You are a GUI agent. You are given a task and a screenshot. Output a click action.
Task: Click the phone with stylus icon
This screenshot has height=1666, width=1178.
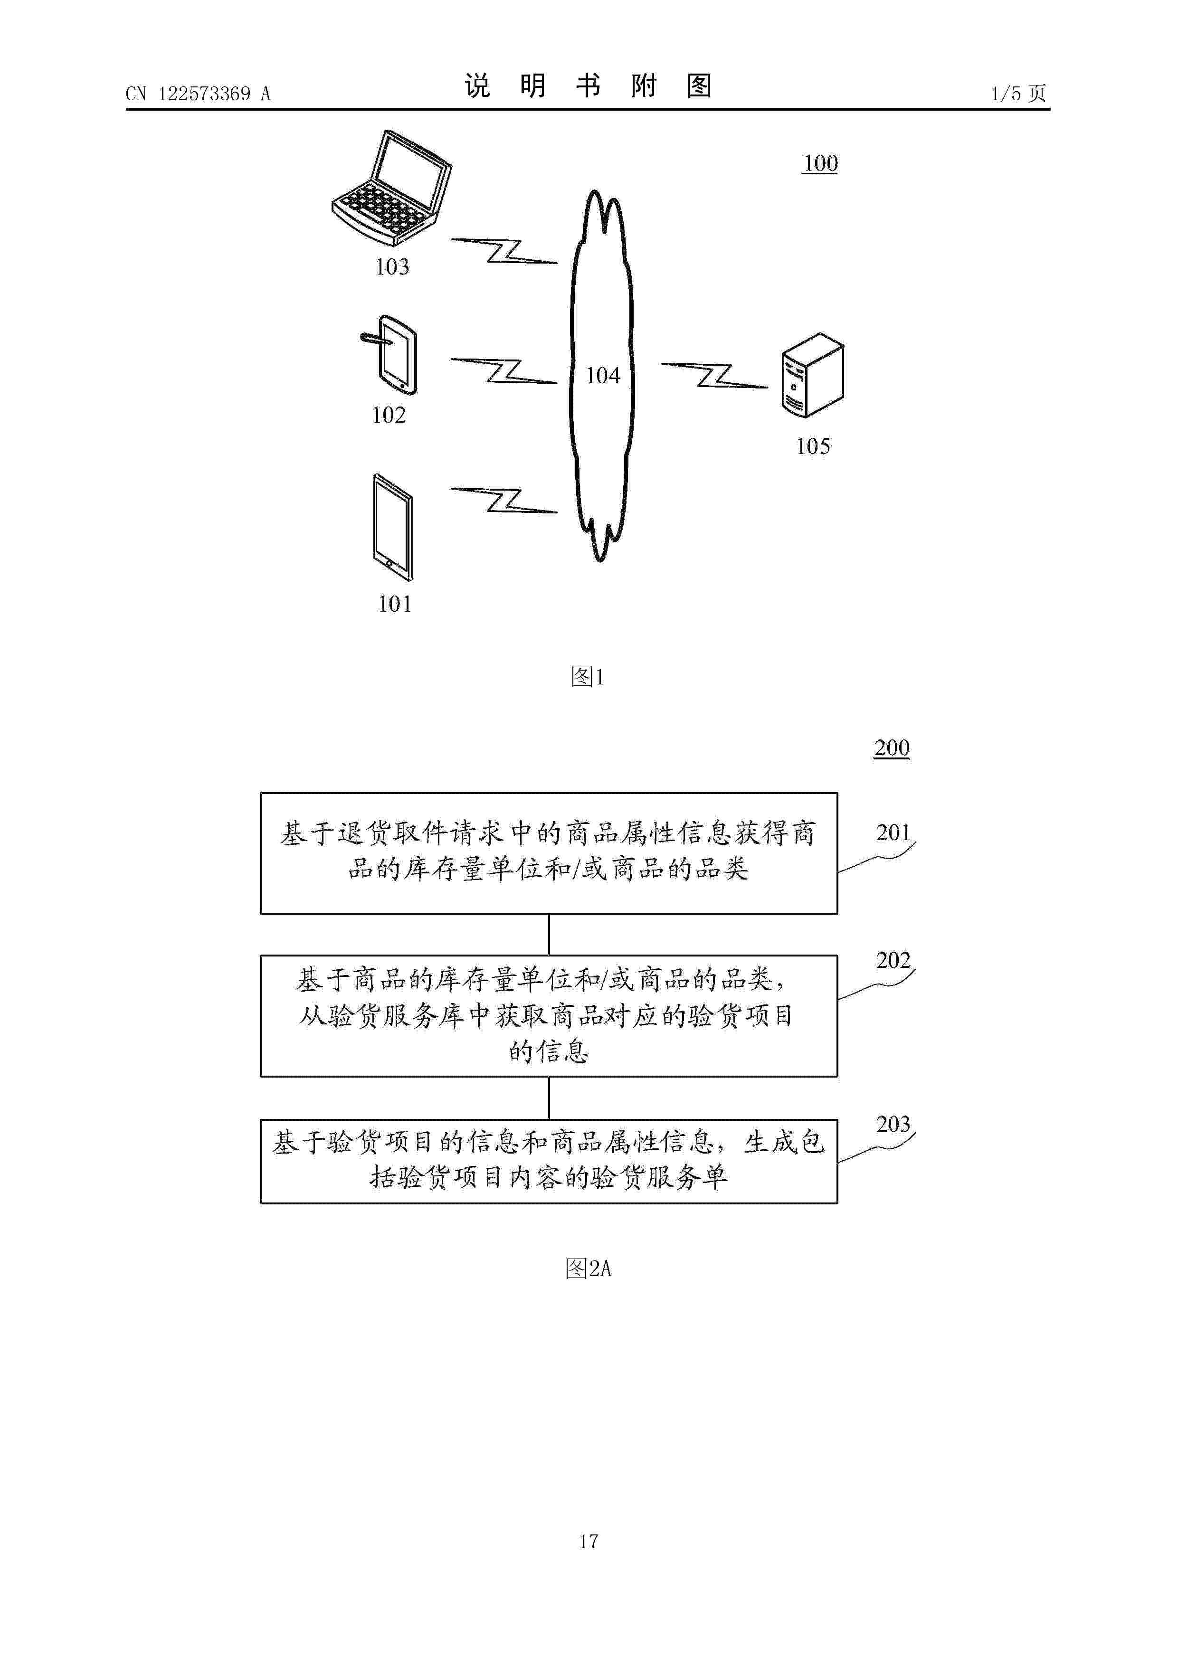[390, 354]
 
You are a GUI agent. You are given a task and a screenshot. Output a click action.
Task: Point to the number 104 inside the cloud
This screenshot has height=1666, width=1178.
[602, 375]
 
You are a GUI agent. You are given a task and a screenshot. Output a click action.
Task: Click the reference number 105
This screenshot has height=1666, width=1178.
[813, 446]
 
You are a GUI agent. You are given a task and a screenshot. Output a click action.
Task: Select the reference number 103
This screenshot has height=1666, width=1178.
[392, 267]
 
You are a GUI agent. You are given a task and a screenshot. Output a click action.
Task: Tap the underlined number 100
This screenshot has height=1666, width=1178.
[820, 163]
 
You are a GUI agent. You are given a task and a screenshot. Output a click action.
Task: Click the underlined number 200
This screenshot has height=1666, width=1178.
[891, 748]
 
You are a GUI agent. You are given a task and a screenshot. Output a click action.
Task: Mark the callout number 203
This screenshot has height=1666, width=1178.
[893, 1124]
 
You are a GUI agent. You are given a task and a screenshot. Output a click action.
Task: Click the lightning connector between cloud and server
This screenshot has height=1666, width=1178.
[714, 375]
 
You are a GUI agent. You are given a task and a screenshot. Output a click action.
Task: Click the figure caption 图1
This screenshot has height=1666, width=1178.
[588, 677]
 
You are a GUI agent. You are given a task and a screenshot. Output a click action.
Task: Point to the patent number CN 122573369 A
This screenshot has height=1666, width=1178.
[198, 94]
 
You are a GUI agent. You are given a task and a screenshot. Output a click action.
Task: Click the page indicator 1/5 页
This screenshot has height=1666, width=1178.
[1018, 94]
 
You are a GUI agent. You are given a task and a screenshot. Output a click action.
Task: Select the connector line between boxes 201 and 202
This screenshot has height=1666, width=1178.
[549, 935]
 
